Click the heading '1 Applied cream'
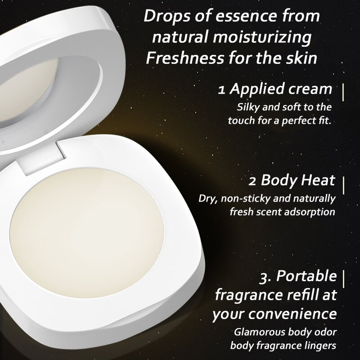click(275, 89)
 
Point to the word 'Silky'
click(248, 108)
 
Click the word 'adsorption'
click(309, 211)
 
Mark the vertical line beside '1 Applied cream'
click(343, 90)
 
